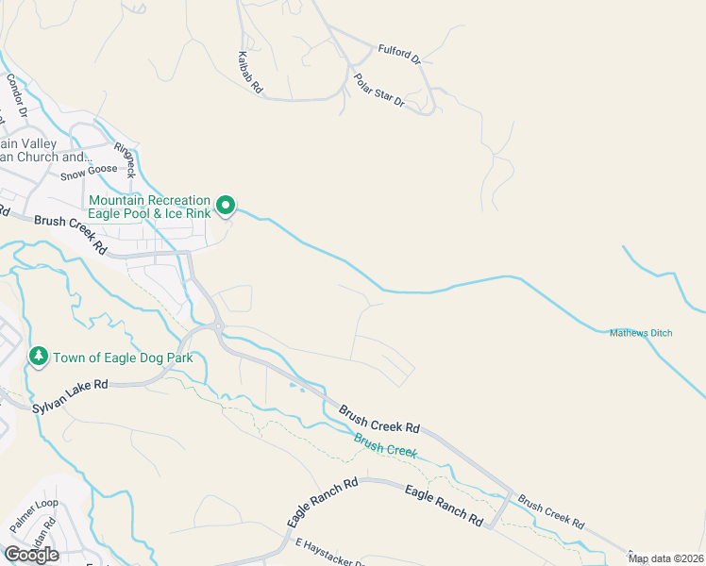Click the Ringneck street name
125,160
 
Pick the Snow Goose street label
89,171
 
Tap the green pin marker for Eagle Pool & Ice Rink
226,204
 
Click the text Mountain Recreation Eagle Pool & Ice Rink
149,207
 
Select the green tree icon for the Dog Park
39,357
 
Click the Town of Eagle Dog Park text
123,358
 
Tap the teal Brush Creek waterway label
385,444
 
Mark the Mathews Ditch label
642,332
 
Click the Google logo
32,555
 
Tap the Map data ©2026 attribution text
665,558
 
